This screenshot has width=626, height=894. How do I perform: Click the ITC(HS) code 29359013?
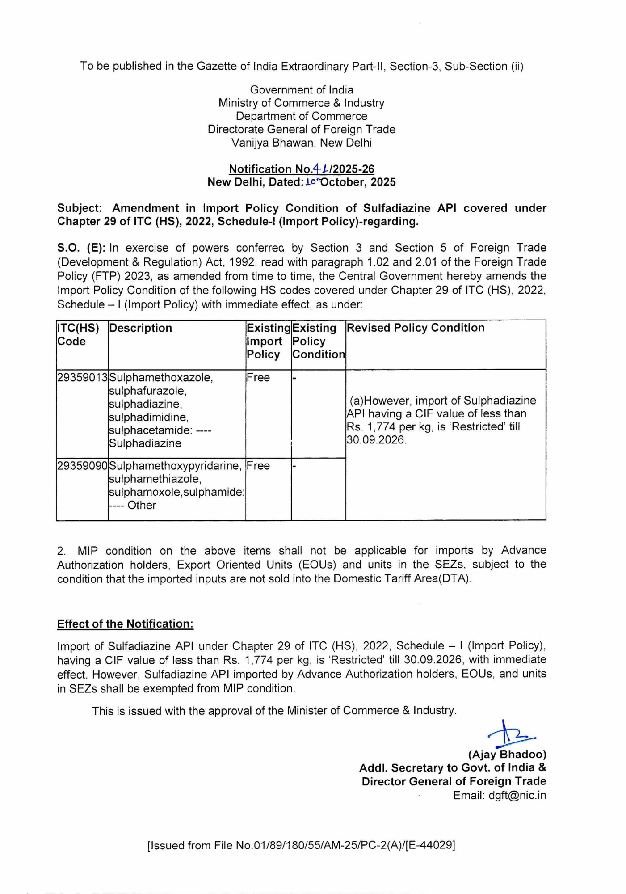[x=82, y=378]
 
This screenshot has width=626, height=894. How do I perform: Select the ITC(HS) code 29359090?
[x=82, y=466]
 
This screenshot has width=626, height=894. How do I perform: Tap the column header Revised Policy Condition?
[x=415, y=328]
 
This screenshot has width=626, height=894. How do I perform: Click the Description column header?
[x=140, y=328]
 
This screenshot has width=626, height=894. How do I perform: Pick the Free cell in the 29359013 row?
[x=258, y=378]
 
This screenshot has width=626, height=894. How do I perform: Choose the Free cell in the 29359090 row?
[x=258, y=466]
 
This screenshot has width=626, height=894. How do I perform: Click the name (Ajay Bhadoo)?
[x=507, y=755]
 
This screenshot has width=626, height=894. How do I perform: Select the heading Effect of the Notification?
[x=125, y=624]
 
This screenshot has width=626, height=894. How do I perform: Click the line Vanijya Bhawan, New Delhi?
[x=301, y=143]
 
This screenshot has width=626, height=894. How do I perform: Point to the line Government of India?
[x=301, y=89]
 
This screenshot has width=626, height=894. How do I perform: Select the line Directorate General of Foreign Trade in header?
[x=301, y=129]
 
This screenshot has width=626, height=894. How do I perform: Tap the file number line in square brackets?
[x=301, y=845]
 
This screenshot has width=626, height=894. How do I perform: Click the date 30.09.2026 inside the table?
[x=376, y=440]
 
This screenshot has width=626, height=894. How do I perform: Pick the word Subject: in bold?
[x=80, y=208]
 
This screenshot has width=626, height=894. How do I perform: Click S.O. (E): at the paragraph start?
[x=81, y=248]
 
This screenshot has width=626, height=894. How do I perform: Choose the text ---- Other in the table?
[x=133, y=505]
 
